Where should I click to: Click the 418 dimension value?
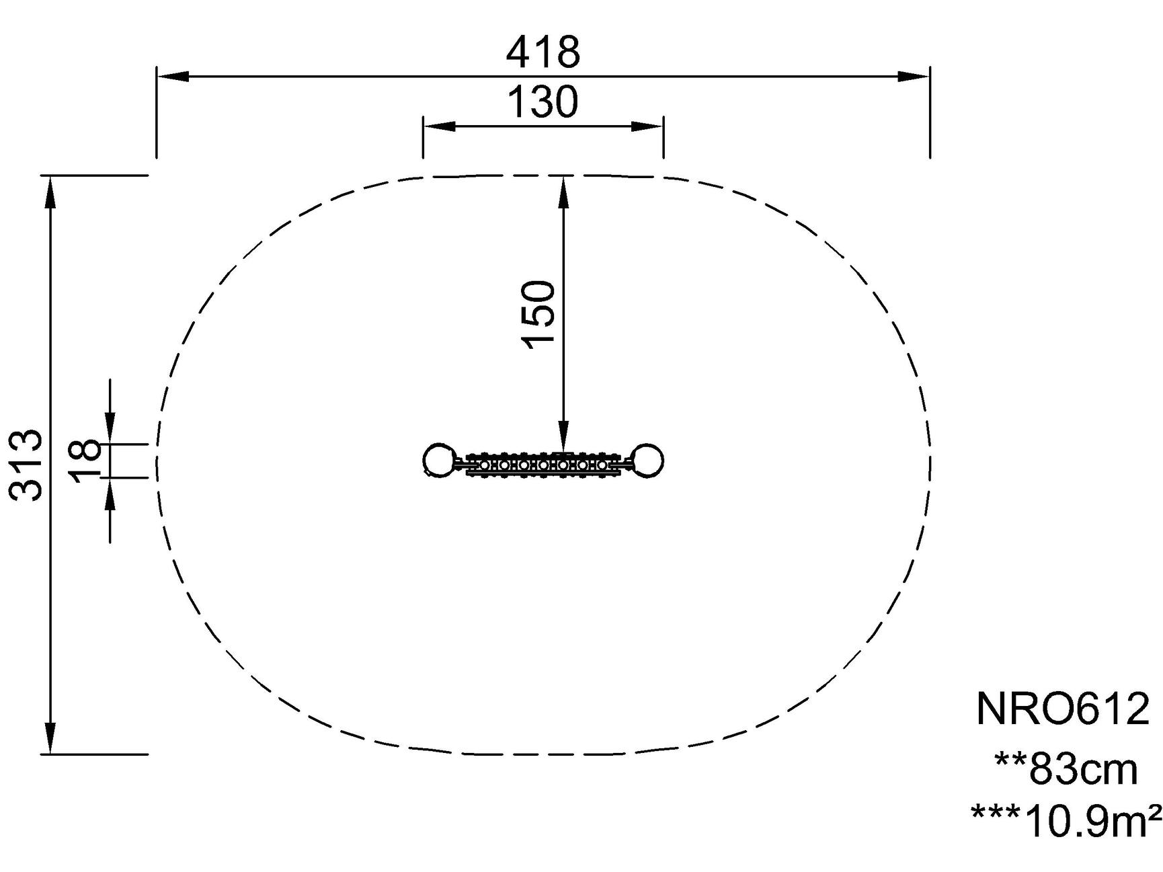pyautogui.click(x=543, y=52)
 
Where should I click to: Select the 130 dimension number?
pyautogui.click(x=543, y=102)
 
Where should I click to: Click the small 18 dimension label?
pyautogui.click(x=85, y=461)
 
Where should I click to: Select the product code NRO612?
pyautogui.click(x=1063, y=709)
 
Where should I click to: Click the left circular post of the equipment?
pyautogui.click(x=438, y=461)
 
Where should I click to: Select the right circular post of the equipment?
pyautogui.click(x=648, y=461)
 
